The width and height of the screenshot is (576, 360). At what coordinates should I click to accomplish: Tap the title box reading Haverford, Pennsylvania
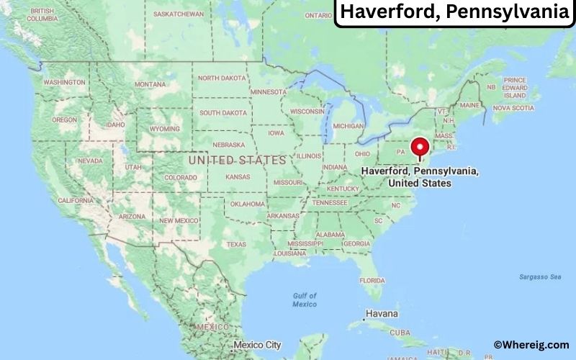click(455, 13)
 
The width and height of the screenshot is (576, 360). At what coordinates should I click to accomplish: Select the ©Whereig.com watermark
click(531, 345)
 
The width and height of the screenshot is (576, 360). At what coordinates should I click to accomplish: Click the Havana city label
click(382, 315)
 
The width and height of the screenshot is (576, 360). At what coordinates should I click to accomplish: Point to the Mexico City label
click(257, 345)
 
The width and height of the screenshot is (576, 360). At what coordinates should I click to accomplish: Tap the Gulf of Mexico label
click(304, 300)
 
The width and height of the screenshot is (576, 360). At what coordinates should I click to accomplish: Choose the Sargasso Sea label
click(541, 276)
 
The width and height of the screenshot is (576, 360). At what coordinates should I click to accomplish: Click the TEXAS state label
click(236, 244)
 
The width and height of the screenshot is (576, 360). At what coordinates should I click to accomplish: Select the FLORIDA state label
click(372, 280)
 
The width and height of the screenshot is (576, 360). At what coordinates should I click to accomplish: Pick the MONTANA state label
click(150, 84)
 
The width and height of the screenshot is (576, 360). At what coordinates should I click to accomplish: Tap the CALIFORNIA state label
click(76, 200)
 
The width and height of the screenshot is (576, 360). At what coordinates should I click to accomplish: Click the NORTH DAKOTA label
click(222, 78)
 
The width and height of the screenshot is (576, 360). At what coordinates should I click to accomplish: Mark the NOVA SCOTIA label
click(513, 108)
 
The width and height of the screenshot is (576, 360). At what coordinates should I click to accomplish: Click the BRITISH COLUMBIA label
click(42, 15)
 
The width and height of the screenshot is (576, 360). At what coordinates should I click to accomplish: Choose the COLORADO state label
click(180, 177)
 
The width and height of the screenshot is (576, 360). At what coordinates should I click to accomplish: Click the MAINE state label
click(469, 105)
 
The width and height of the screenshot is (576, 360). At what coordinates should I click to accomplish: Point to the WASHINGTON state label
click(64, 82)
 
